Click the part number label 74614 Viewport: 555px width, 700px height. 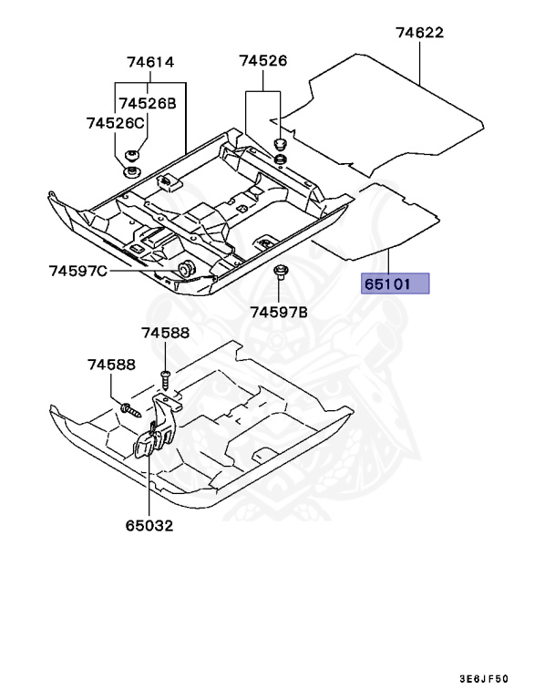(x=150, y=63)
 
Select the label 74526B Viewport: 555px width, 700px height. (x=146, y=103)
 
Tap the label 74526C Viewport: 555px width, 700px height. (x=116, y=122)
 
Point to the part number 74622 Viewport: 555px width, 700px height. (x=419, y=33)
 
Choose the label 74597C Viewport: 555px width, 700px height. (x=78, y=271)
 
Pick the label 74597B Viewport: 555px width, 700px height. (x=279, y=312)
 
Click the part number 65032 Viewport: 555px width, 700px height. (x=149, y=525)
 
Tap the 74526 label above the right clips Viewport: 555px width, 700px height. (x=263, y=61)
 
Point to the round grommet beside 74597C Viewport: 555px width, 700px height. (x=184, y=267)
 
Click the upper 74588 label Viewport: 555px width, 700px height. (x=165, y=334)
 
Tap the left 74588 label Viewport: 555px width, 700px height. (x=111, y=365)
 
